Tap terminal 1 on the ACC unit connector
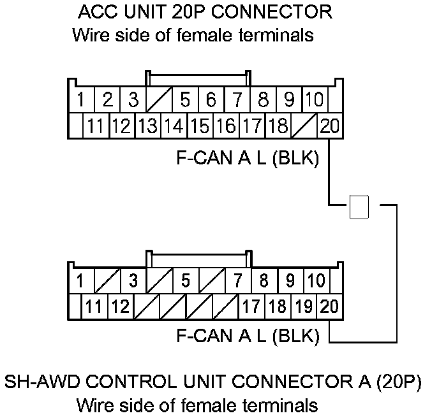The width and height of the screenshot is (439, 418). [x=81, y=100]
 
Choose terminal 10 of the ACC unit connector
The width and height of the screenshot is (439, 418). [x=314, y=100]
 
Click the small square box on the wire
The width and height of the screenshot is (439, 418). [x=359, y=207]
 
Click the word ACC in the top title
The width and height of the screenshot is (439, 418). [x=94, y=11]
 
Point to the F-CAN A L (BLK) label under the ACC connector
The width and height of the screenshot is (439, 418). [x=247, y=157]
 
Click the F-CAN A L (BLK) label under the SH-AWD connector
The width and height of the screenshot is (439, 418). [x=247, y=336]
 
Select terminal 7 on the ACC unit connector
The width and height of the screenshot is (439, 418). [x=237, y=100]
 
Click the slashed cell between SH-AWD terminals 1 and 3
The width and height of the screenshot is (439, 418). [x=106, y=281]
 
